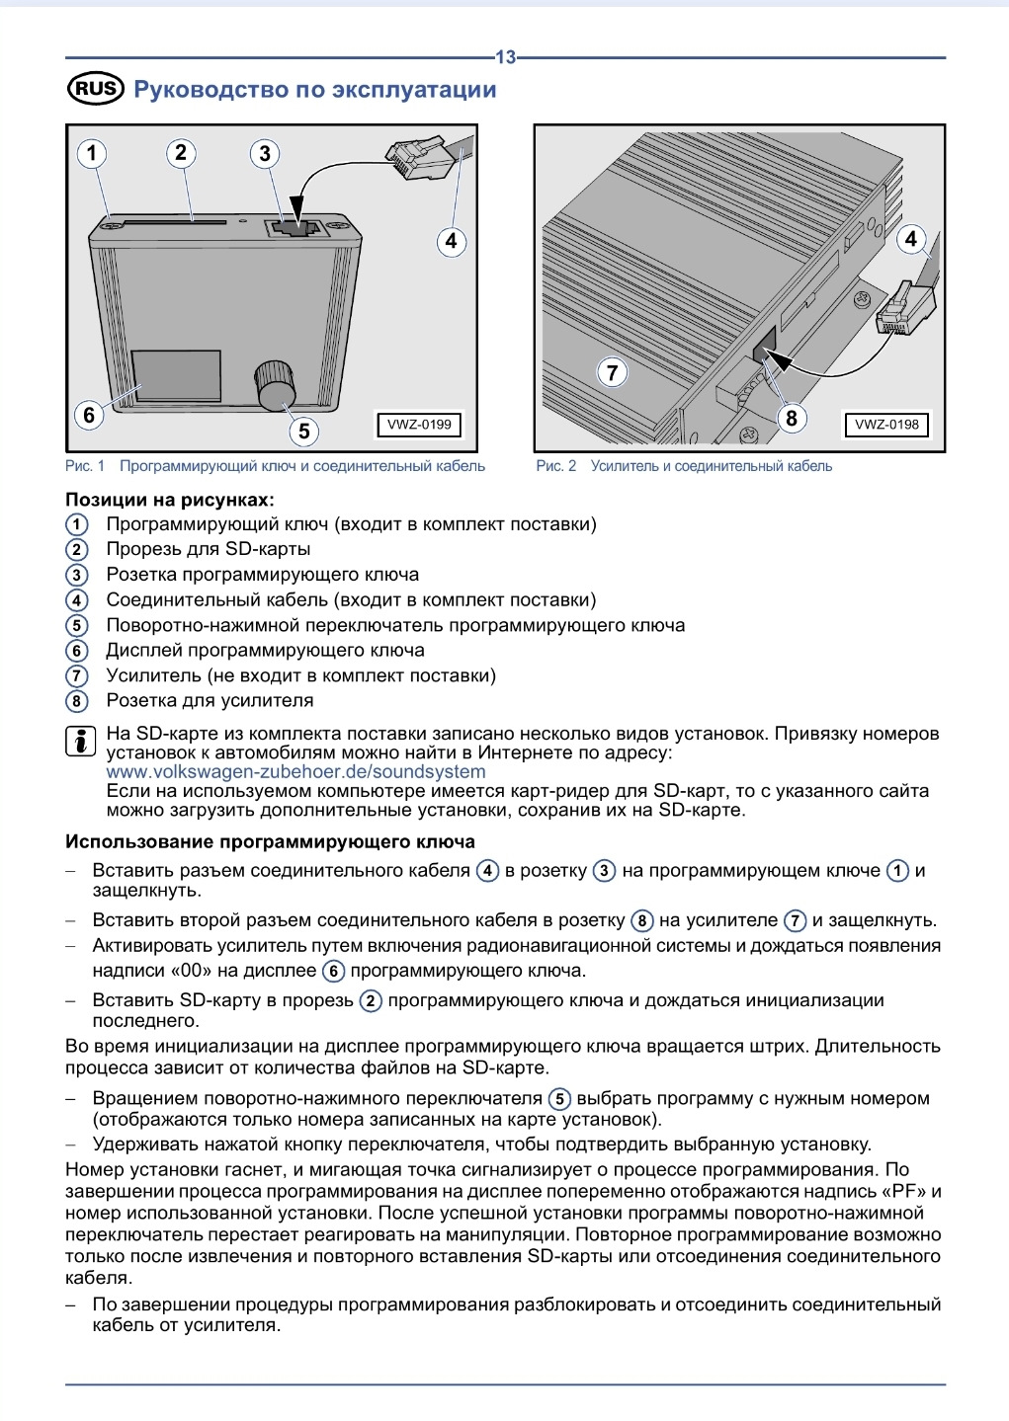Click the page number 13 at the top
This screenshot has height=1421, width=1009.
point(505,57)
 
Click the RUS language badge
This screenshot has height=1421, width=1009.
point(95,90)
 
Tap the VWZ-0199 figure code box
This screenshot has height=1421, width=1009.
point(419,425)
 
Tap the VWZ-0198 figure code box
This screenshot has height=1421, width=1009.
point(886,425)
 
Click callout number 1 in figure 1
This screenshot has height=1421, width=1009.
point(92,153)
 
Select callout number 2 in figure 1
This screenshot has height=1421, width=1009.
point(180,153)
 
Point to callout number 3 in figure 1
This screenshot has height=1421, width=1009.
point(264,154)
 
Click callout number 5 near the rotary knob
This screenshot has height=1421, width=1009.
point(303,431)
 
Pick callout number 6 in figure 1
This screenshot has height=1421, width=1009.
point(89,415)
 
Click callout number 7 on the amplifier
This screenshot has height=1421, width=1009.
point(612,372)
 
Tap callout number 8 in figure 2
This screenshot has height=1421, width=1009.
point(791,418)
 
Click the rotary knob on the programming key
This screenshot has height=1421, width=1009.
point(276,384)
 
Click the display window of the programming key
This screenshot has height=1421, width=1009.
point(178,375)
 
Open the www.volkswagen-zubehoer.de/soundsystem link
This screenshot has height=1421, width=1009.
point(282,772)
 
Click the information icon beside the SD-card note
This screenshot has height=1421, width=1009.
point(80,741)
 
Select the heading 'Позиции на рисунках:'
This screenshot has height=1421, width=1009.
point(170,500)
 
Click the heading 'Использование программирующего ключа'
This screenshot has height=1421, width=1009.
point(270,842)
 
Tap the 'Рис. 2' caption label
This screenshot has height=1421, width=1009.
point(556,466)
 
